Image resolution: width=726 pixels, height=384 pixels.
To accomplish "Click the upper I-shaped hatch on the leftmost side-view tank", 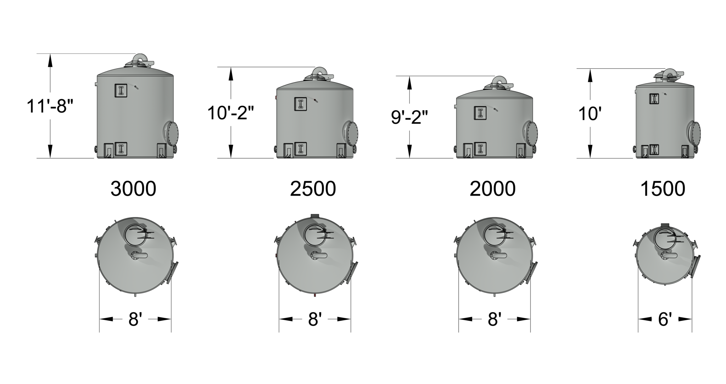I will click(121, 90).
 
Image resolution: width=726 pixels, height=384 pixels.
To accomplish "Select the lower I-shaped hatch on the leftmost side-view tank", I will click(121, 149).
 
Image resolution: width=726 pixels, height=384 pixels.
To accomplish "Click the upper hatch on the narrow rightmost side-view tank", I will click(654, 99).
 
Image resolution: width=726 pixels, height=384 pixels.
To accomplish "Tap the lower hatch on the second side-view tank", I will click(301, 149).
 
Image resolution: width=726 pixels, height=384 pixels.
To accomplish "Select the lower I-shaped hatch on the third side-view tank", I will click(480, 149).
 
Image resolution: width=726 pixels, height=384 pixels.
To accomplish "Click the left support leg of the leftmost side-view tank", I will click(109, 150).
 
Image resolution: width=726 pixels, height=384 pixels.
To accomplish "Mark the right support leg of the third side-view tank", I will click(521, 150).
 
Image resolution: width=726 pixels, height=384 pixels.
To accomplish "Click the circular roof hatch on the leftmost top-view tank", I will click(135, 235).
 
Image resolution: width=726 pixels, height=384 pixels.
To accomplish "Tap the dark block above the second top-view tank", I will click(315, 216).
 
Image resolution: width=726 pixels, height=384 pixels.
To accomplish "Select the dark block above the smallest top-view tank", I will click(665, 225).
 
